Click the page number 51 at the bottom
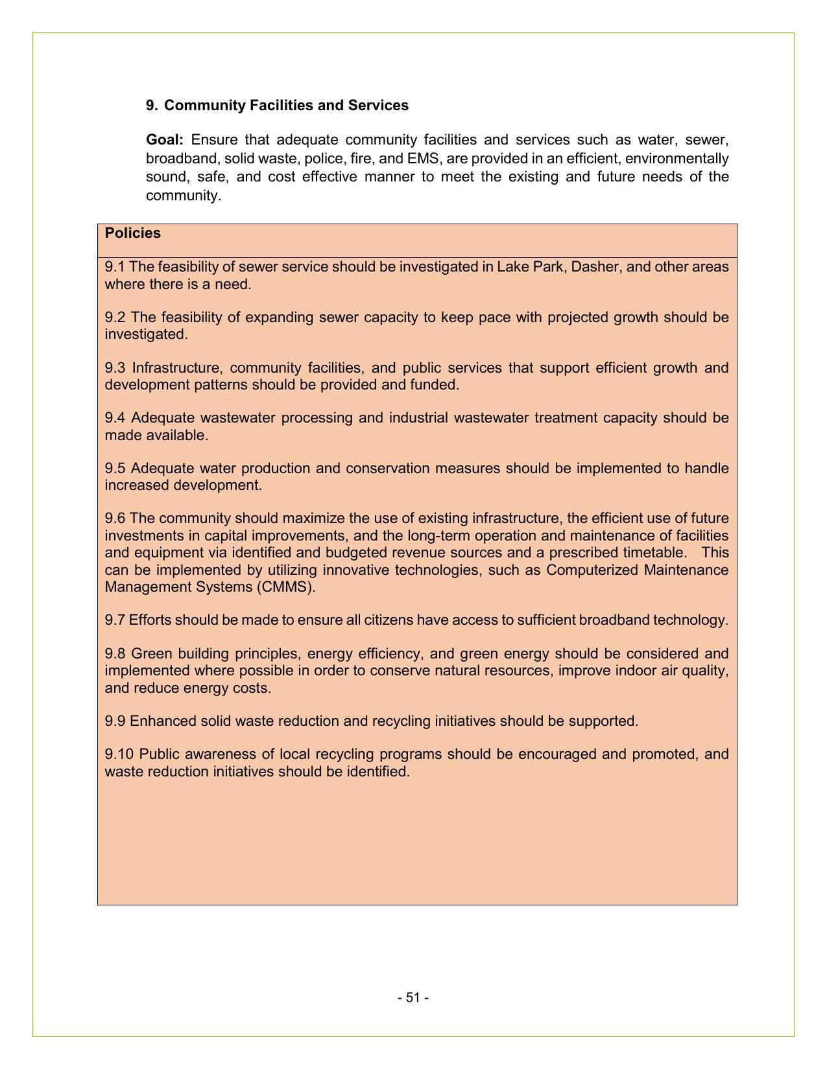click(x=413, y=997)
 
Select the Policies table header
click(x=133, y=233)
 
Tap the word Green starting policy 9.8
click(x=150, y=653)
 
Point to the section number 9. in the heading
click(x=152, y=106)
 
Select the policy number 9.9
click(x=115, y=721)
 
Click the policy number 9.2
click(x=115, y=318)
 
